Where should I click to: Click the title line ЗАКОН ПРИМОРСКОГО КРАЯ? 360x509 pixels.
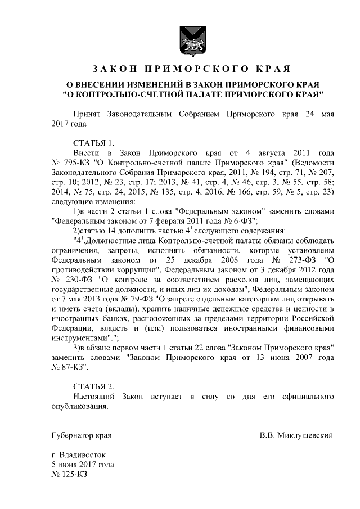click(x=191, y=69)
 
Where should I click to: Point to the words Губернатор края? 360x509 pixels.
click(x=81, y=435)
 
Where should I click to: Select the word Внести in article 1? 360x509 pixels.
click(x=86, y=152)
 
